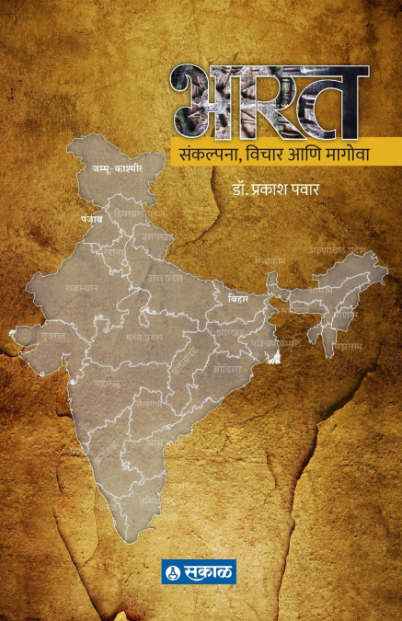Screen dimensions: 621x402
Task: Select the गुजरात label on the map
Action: [52, 337]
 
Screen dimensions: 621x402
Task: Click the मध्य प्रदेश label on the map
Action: [137, 336]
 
